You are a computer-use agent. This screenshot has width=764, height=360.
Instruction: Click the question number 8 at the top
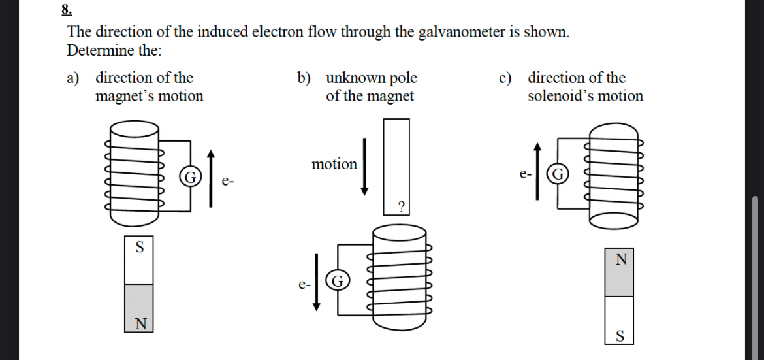click(66, 9)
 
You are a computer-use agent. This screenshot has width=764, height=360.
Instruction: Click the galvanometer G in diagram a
click(190, 177)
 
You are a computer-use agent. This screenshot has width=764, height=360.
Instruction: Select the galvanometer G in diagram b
click(336, 282)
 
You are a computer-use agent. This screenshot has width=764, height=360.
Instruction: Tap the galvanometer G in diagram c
click(558, 174)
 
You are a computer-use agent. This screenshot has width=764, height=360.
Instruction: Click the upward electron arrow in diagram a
click(210, 178)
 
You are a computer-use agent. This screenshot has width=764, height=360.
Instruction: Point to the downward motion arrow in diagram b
click(365, 166)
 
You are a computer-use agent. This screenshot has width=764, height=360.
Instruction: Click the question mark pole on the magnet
click(401, 207)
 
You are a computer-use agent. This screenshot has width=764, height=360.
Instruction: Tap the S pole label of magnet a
click(138, 247)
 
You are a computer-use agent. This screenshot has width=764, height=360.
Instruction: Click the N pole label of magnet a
click(139, 323)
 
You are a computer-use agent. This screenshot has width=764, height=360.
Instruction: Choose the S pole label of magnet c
click(620, 336)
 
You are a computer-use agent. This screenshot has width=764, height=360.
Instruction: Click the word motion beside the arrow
click(334, 164)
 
